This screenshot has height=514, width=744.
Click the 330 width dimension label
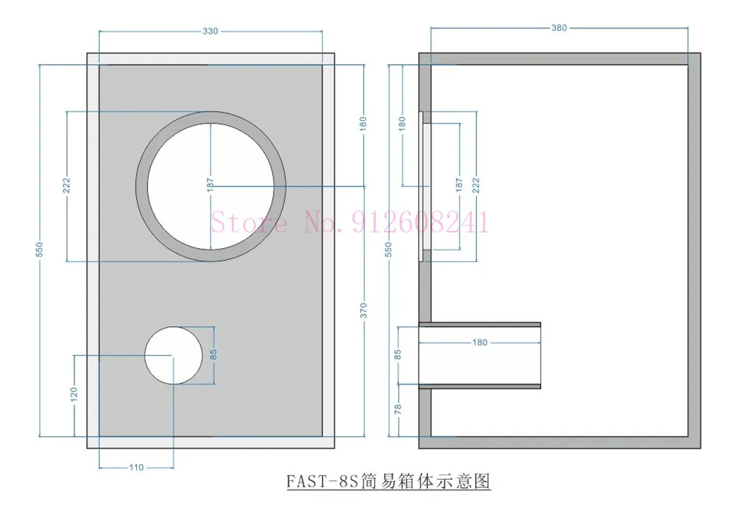211,31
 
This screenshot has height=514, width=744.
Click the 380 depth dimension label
559,28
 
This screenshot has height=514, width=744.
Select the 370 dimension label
364,310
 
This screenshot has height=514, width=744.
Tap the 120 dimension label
74,394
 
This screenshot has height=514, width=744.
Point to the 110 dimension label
136,468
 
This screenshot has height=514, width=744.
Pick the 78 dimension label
397,408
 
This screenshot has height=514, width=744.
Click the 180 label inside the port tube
480,343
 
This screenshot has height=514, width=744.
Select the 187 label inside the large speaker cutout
211,185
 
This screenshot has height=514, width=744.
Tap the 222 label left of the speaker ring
66,185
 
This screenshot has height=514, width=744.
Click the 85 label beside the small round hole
213,355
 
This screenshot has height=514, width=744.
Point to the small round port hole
173,355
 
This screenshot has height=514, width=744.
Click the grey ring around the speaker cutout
141,186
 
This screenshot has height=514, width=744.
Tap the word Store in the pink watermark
249,222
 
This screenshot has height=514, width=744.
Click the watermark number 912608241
420,222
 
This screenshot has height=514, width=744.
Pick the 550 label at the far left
39,250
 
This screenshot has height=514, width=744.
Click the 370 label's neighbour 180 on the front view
363,124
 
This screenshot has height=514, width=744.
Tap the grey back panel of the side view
694,251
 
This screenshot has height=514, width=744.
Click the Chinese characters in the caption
425,481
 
